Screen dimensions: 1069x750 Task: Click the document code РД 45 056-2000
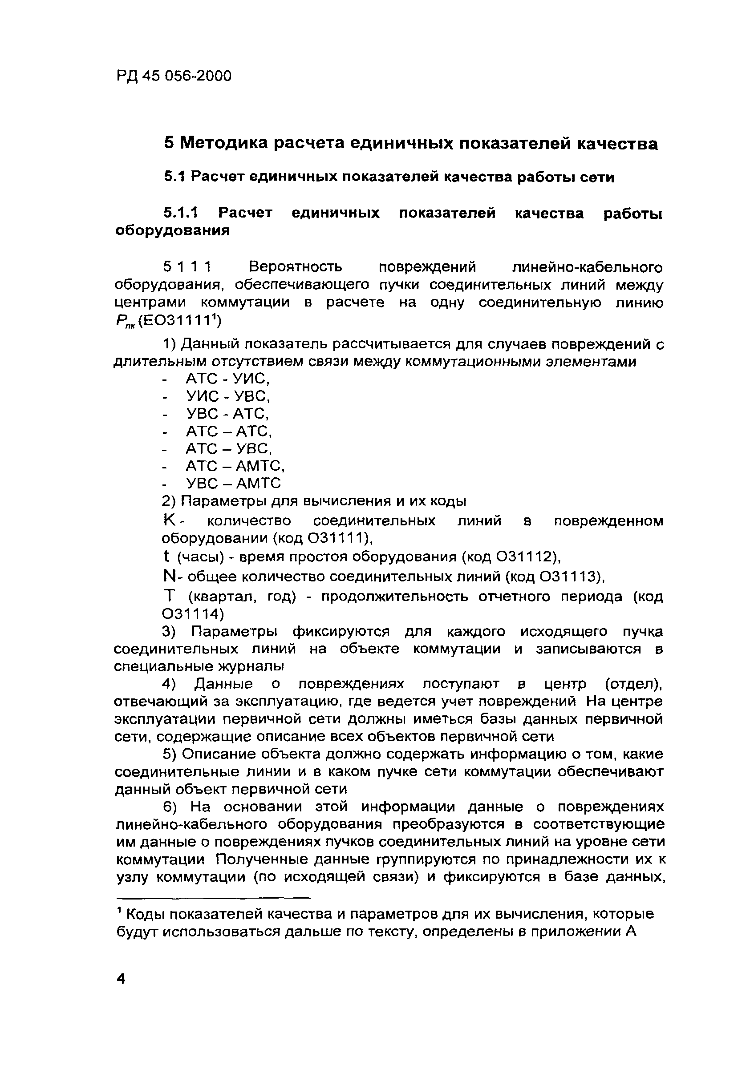click(173, 76)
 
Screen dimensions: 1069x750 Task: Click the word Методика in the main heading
click(223, 143)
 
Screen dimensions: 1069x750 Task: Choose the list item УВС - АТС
click(227, 414)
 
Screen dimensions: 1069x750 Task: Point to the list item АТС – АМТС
click(235, 466)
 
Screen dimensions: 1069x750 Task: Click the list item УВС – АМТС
click(233, 483)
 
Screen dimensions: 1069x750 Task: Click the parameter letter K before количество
click(169, 520)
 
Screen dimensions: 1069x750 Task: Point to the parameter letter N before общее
click(169, 577)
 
